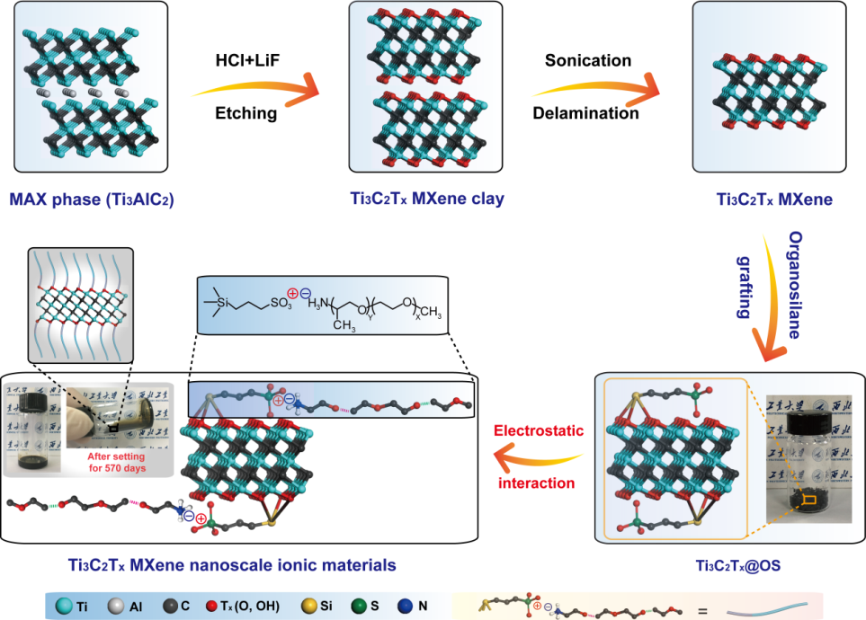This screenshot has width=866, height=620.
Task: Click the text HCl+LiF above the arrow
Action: point(246,61)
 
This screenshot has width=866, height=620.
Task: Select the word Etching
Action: point(246,113)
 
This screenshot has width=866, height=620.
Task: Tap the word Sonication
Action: point(587,61)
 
